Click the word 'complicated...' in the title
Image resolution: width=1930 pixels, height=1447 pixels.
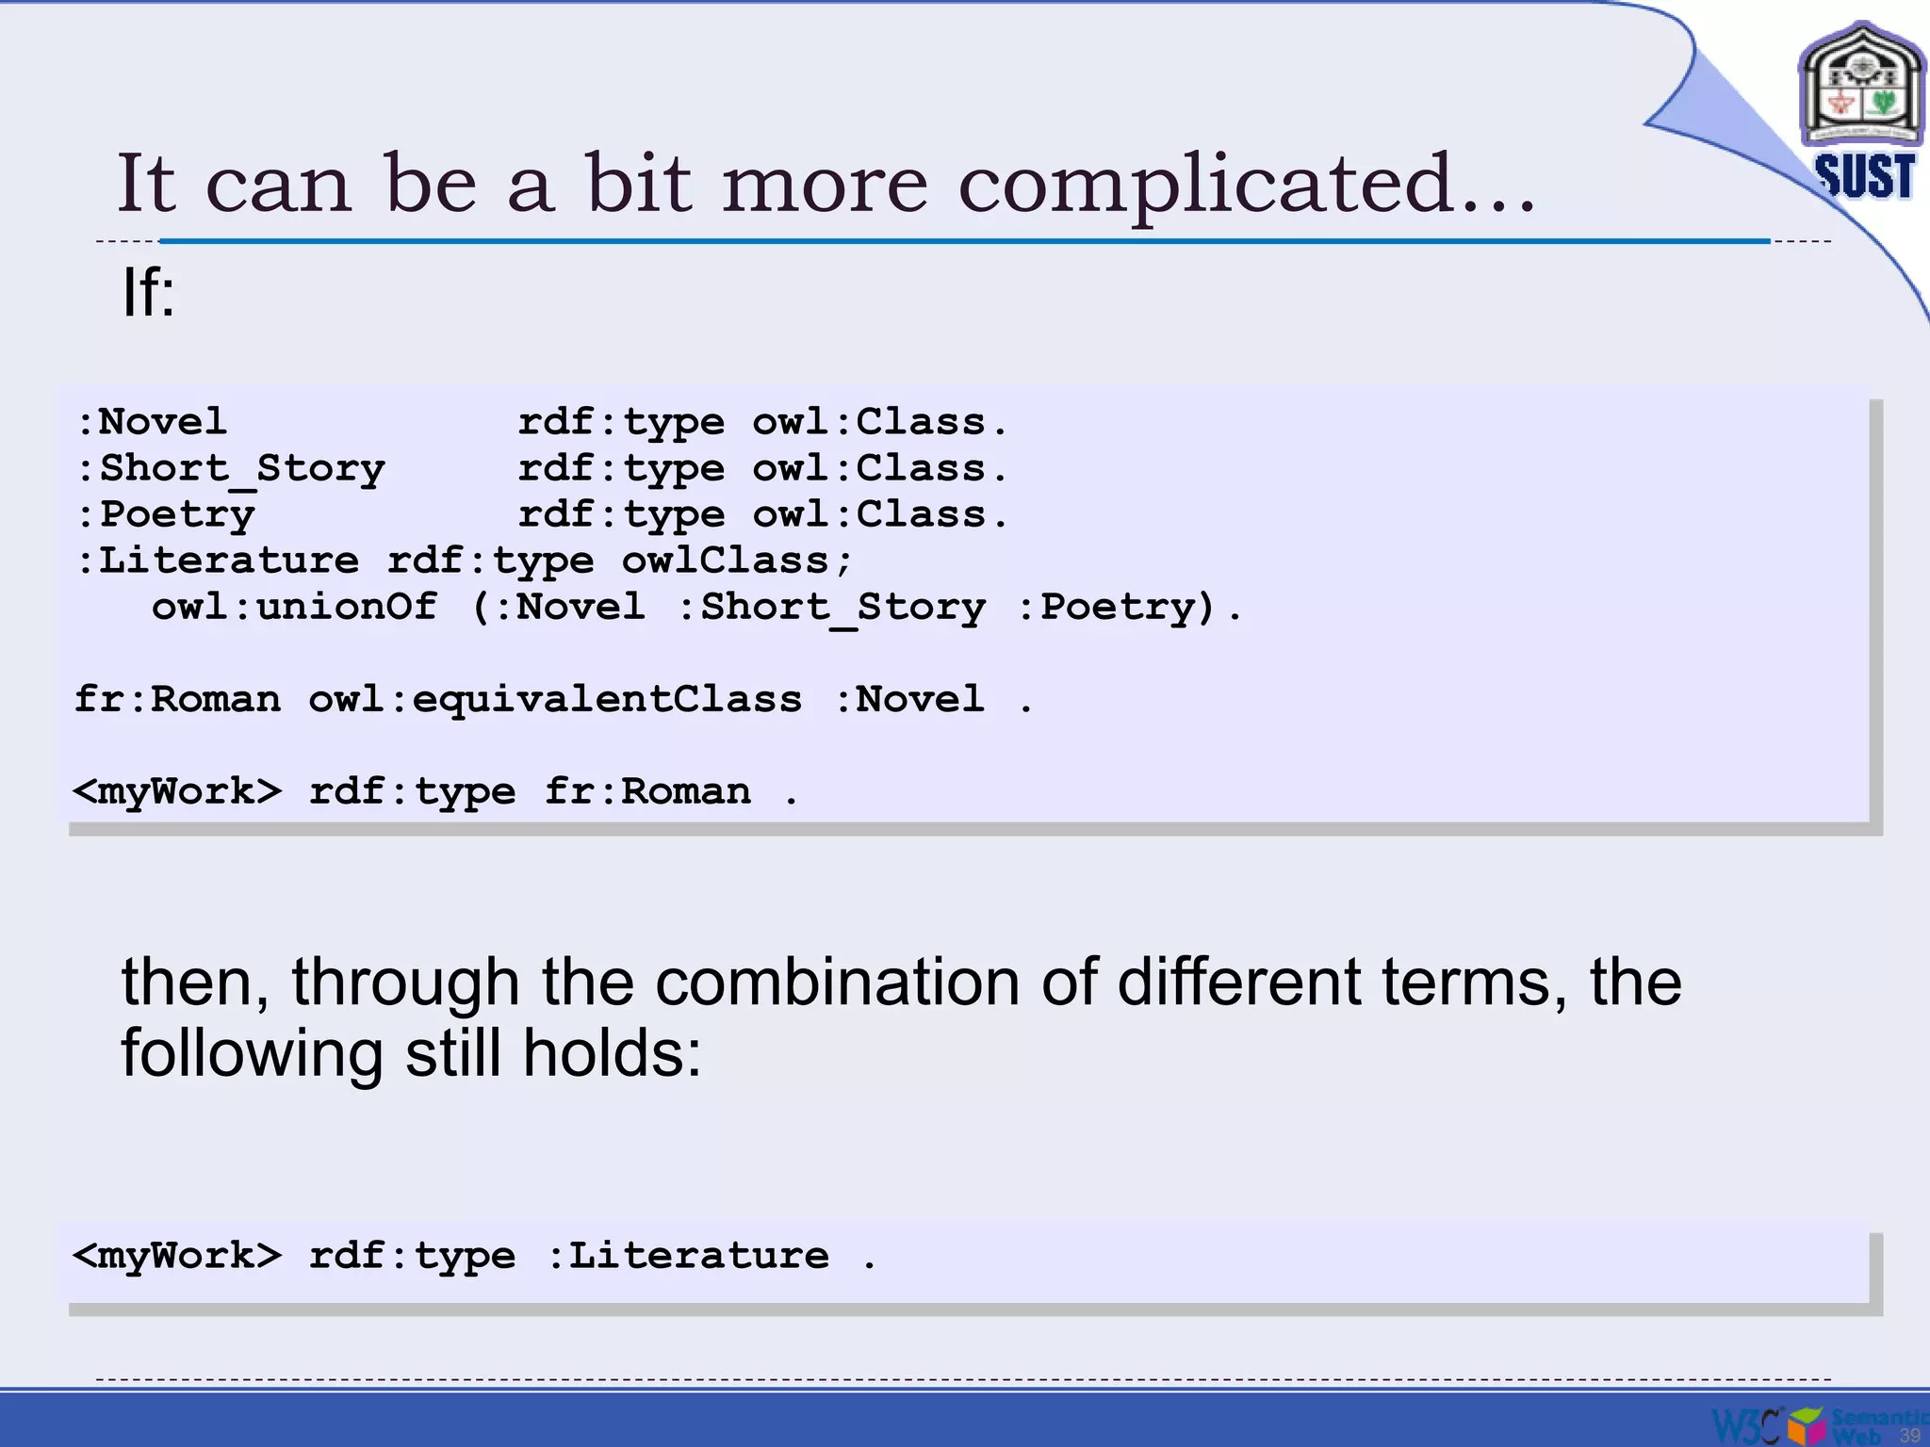click(1246, 185)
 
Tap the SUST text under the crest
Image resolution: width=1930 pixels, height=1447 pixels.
click(1864, 176)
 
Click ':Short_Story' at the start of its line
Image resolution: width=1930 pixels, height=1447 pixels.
click(231, 468)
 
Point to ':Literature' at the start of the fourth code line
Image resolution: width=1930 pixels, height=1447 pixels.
click(218, 561)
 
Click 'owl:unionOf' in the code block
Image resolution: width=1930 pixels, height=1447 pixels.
click(294, 607)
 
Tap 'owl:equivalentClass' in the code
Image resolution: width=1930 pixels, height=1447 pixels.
click(555, 699)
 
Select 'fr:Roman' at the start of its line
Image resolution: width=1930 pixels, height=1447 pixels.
click(177, 699)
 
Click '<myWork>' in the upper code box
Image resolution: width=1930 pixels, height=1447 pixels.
click(177, 791)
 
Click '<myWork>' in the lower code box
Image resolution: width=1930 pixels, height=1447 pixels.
click(177, 1256)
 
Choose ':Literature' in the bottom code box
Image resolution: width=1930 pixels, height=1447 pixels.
click(689, 1256)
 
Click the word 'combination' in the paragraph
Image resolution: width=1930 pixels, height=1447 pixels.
click(837, 982)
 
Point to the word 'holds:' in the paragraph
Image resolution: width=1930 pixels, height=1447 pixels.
click(613, 1053)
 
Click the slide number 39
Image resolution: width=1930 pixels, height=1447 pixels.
click(1909, 1435)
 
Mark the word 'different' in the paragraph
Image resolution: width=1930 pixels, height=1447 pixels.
click(1239, 982)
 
